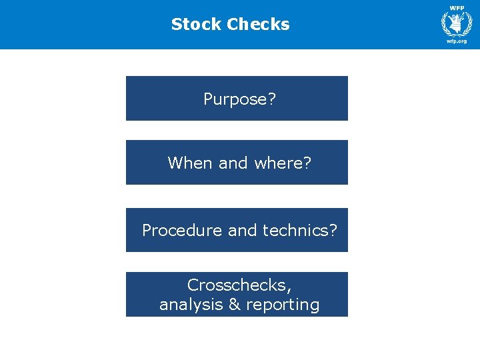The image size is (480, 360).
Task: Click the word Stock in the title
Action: (x=196, y=25)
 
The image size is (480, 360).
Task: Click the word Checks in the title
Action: (x=258, y=25)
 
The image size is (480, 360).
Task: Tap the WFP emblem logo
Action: (x=456, y=23)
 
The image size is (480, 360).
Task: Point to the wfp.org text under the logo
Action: (x=456, y=41)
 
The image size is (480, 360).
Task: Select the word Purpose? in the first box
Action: (x=239, y=99)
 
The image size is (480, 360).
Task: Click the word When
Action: (x=191, y=163)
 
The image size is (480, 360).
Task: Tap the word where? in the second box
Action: (x=285, y=163)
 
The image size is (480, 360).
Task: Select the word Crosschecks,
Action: (x=239, y=285)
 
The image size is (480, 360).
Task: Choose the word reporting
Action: (x=282, y=305)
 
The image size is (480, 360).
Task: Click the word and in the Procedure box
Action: (x=242, y=231)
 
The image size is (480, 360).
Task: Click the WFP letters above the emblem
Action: (x=456, y=7)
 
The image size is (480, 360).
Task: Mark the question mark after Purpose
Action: (x=271, y=99)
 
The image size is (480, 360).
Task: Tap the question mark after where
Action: (x=307, y=163)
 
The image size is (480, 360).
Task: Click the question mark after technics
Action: (x=333, y=231)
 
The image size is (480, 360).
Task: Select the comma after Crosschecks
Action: (x=289, y=288)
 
